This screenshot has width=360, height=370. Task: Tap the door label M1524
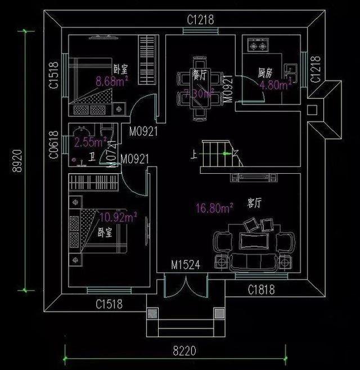click(185, 264)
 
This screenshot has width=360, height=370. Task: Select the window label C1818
click(262, 290)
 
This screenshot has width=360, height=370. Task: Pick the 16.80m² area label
click(214, 209)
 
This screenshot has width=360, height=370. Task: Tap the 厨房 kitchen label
click(265, 73)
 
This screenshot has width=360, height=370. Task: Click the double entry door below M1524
click(186, 289)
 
